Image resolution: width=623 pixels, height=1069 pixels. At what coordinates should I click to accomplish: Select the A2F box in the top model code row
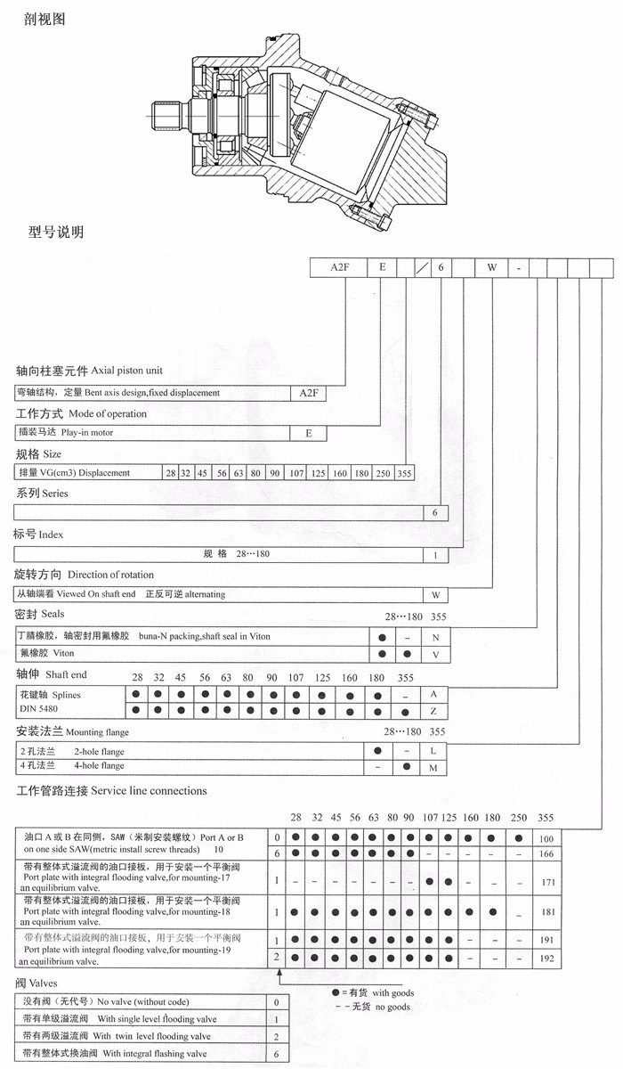pyautogui.click(x=339, y=266)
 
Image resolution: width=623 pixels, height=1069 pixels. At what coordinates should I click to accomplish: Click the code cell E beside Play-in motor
pyautogui.click(x=309, y=433)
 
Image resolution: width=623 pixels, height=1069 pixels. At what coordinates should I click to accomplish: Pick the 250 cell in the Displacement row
pyautogui.click(x=383, y=473)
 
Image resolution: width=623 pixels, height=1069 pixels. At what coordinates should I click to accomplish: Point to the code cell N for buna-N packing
pyautogui.click(x=435, y=637)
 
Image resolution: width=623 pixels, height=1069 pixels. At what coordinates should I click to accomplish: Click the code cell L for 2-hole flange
pyautogui.click(x=435, y=751)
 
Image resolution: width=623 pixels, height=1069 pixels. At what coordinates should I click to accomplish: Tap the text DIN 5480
pyautogui.click(x=36, y=709)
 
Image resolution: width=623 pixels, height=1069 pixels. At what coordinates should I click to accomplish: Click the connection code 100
pyautogui.click(x=547, y=839)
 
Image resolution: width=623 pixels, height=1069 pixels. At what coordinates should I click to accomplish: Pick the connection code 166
pyautogui.click(x=547, y=853)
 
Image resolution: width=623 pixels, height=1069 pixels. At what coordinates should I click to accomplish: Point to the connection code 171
pyautogui.click(x=547, y=882)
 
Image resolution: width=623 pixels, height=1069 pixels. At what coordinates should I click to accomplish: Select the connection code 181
pyautogui.click(x=547, y=911)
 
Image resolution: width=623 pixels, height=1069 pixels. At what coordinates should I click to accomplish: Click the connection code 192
pyautogui.click(x=547, y=959)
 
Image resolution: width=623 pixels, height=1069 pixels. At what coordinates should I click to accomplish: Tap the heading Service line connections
pyautogui.click(x=149, y=790)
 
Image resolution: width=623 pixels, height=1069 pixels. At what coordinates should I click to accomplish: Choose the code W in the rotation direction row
pyautogui.click(x=435, y=594)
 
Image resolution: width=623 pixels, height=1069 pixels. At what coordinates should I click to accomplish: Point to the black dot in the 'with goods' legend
pyautogui.click(x=336, y=992)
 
